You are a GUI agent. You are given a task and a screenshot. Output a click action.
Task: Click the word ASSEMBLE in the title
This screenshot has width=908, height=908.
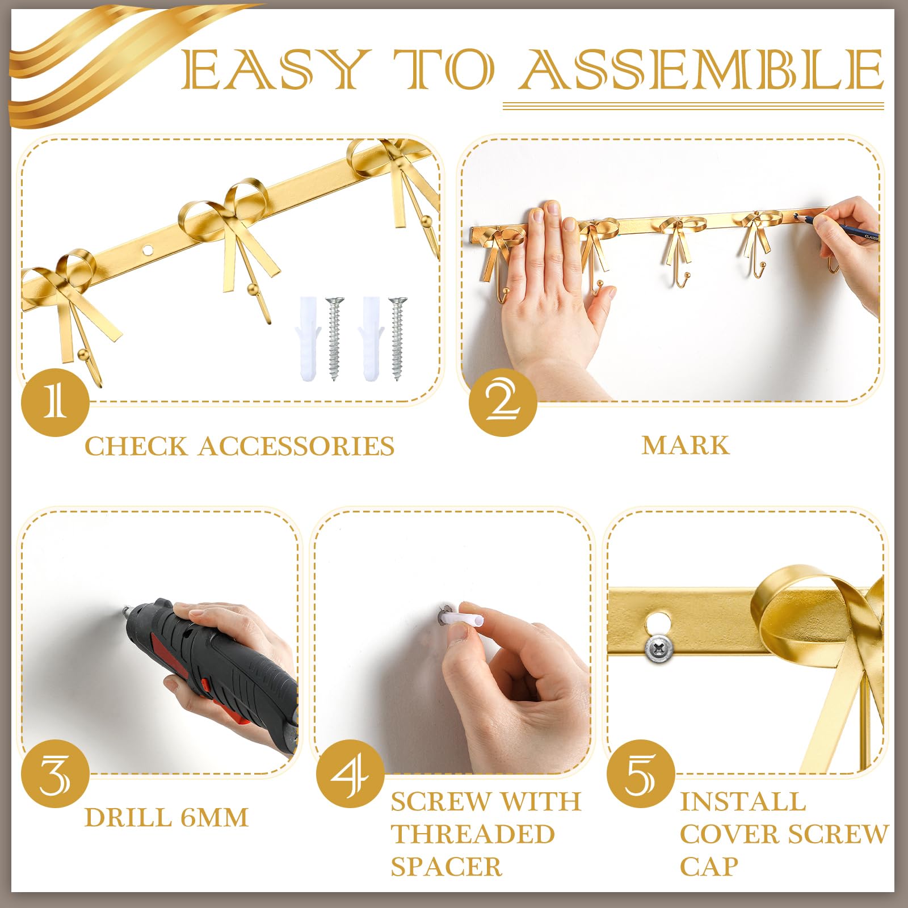[703, 69]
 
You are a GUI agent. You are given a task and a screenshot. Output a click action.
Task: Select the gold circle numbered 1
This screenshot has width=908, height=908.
[55, 402]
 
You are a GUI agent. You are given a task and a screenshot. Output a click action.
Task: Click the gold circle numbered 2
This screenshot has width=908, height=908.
[503, 402]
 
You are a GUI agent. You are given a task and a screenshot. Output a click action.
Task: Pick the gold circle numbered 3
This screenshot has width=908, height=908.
[55, 774]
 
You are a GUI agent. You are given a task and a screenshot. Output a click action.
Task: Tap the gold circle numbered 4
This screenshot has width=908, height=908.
[350, 774]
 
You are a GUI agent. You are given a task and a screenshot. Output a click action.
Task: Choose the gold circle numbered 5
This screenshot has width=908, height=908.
[640, 774]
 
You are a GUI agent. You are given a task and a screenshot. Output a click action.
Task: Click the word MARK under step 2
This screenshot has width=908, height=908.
[685, 445]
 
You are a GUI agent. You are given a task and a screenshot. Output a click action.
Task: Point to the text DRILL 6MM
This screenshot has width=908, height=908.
[166, 818]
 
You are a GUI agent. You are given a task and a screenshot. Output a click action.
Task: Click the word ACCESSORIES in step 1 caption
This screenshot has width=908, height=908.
[296, 446]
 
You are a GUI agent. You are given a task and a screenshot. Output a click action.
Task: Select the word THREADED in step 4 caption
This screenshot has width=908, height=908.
[472, 834]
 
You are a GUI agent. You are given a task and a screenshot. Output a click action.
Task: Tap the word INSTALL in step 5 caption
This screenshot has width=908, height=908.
[742, 802]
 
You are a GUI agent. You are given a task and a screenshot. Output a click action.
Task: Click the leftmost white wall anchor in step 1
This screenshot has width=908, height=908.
[308, 338]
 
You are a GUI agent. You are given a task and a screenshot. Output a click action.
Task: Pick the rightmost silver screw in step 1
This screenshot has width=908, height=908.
[397, 338]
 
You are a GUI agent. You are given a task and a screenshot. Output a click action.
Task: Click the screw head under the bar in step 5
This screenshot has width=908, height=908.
[659, 647]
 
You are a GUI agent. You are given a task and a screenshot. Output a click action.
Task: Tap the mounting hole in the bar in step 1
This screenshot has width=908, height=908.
[148, 249]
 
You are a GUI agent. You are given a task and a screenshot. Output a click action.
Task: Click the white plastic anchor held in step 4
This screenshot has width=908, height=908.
[463, 618]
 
